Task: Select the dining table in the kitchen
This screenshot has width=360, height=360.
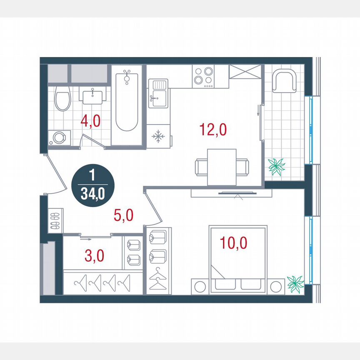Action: (222, 167)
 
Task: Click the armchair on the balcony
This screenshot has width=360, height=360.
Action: (285, 81)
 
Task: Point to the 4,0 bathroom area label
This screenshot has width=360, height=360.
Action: (90, 122)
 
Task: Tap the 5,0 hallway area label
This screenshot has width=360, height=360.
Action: (123, 215)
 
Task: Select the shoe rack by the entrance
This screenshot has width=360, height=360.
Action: (55, 220)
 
